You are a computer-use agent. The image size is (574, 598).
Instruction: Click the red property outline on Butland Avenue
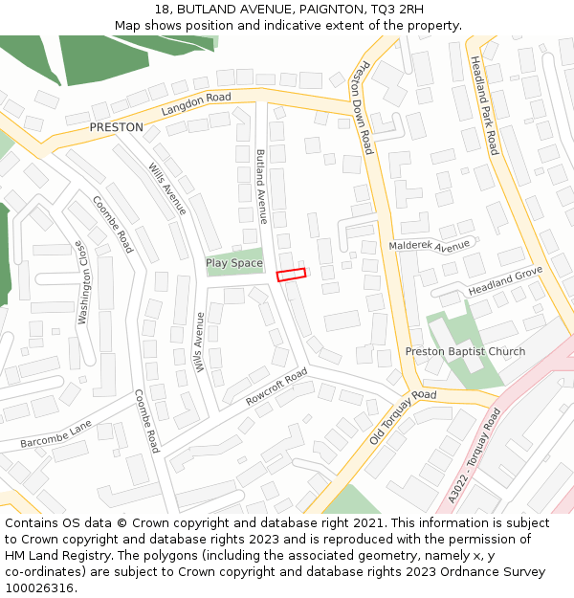tap(291, 275)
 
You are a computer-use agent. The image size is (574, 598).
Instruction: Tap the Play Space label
tap(233, 263)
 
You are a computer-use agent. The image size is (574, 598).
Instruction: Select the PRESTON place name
tap(116, 127)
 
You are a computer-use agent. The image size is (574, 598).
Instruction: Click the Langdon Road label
tap(196, 104)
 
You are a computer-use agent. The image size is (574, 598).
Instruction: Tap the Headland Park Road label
tap(483, 105)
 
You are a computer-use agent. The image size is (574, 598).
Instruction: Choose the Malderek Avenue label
tap(429, 246)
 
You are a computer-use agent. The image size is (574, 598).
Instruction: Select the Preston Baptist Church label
tap(465, 352)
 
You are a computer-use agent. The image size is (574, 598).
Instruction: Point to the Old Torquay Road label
tap(403, 417)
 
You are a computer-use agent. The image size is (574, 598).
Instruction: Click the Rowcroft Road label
tap(276, 386)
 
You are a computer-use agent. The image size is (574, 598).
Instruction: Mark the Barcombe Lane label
tap(56, 434)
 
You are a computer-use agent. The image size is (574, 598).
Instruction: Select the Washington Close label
tap(83, 282)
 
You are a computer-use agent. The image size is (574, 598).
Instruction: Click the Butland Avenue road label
tap(261, 186)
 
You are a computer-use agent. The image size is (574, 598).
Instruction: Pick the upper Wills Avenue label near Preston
tap(167, 188)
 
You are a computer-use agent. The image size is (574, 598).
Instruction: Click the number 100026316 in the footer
tap(39, 588)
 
